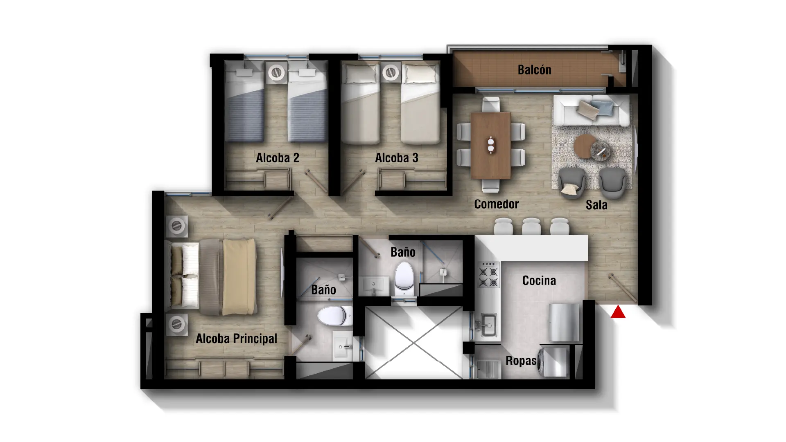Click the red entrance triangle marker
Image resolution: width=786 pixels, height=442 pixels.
(x=618, y=312)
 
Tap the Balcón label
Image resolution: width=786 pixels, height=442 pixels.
(x=534, y=70)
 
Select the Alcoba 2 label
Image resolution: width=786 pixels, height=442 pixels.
(x=278, y=158)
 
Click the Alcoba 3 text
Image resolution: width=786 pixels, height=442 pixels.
(x=397, y=158)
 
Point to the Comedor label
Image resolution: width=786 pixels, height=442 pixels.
(x=496, y=204)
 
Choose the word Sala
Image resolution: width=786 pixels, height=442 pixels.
(x=596, y=205)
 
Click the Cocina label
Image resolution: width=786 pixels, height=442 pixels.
(x=539, y=280)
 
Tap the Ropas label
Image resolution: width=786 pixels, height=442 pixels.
(x=521, y=361)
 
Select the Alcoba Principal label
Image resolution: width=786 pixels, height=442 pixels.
(x=236, y=339)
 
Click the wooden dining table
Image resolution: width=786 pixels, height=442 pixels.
(x=490, y=146)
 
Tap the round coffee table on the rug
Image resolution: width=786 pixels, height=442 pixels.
(x=585, y=146)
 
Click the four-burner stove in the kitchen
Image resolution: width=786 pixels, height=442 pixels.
(x=489, y=274)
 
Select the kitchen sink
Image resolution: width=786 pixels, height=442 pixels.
(x=488, y=325)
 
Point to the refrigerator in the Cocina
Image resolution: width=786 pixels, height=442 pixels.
(x=565, y=322)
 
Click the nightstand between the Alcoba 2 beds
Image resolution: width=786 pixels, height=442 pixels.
(x=276, y=73)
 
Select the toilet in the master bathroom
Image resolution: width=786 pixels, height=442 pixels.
(x=334, y=316)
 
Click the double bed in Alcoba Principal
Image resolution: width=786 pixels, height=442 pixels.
(x=211, y=277)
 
